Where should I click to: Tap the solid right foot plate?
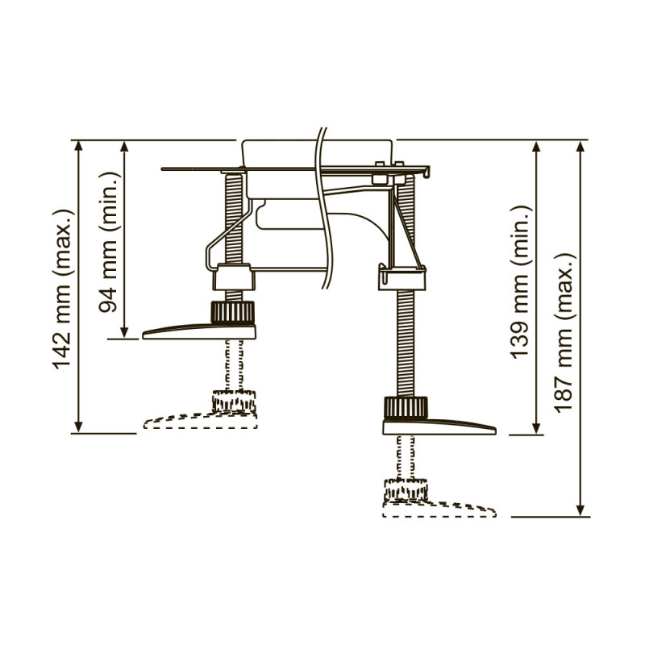[439, 427]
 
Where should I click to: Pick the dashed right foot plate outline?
[439, 510]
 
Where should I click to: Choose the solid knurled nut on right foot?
[406, 408]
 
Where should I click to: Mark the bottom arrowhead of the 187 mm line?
[580, 510]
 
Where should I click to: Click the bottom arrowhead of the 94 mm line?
[124, 332]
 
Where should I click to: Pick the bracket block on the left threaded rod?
[233, 279]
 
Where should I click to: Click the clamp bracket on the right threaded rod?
[402, 278]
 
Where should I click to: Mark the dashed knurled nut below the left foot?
[234, 401]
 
